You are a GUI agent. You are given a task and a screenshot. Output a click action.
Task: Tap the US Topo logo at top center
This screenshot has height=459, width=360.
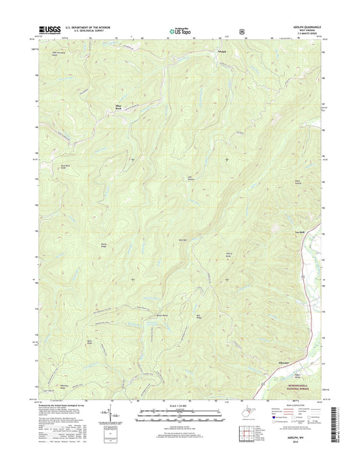point(179,29)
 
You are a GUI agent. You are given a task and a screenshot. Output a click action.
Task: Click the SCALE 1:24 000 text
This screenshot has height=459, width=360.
point(179,406)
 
